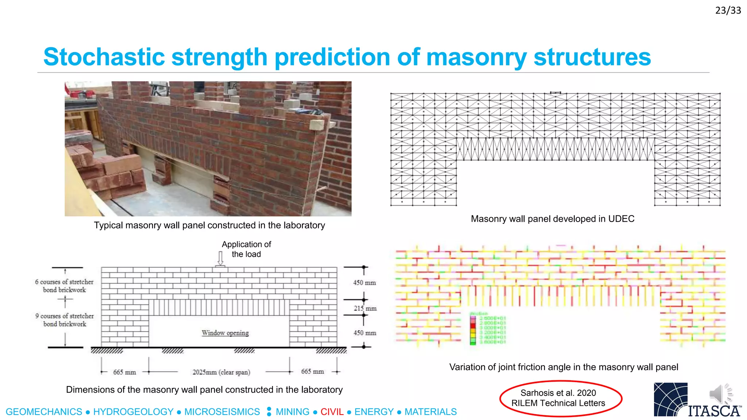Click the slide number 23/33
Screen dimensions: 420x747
pyautogui.click(x=728, y=11)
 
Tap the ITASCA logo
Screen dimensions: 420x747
pyautogui.click(x=697, y=400)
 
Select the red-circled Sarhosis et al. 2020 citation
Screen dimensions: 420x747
pyautogui.click(x=558, y=398)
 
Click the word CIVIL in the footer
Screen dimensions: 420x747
pyautogui.click(x=332, y=412)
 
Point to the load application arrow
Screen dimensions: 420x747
pyautogui.click(x=220, y=258)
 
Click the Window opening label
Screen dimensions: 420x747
pyautogui.click(x=225, y=333)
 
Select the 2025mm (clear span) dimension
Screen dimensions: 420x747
pyautogui.click(x=221, y=372)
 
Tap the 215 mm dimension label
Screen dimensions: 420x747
pyautogui.click(x=365, y=308)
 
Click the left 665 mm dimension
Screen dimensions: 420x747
pyautogui.click(x=124, y=372)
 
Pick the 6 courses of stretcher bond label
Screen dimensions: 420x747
pyautogui.click(x=64, y=286)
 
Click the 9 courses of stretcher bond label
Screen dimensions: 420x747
pyautogui.click(x=65, y=320)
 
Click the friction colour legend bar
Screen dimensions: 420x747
pyautogui.click(x=473, y=330)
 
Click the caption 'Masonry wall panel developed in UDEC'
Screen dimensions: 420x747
pyautogui.click(x=553, y=219)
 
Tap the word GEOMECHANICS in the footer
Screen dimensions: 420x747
pyautogui.click(x=44, y=412)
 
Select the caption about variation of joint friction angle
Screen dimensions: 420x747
pyautogui.click(x=564, y=367)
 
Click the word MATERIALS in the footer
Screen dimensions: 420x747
pyautogui.click(x=430, y=412)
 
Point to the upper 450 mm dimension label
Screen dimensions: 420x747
pyautogui.click(x=364, y=283)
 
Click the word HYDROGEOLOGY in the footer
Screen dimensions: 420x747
pyautogui.click(x=133, y=412)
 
